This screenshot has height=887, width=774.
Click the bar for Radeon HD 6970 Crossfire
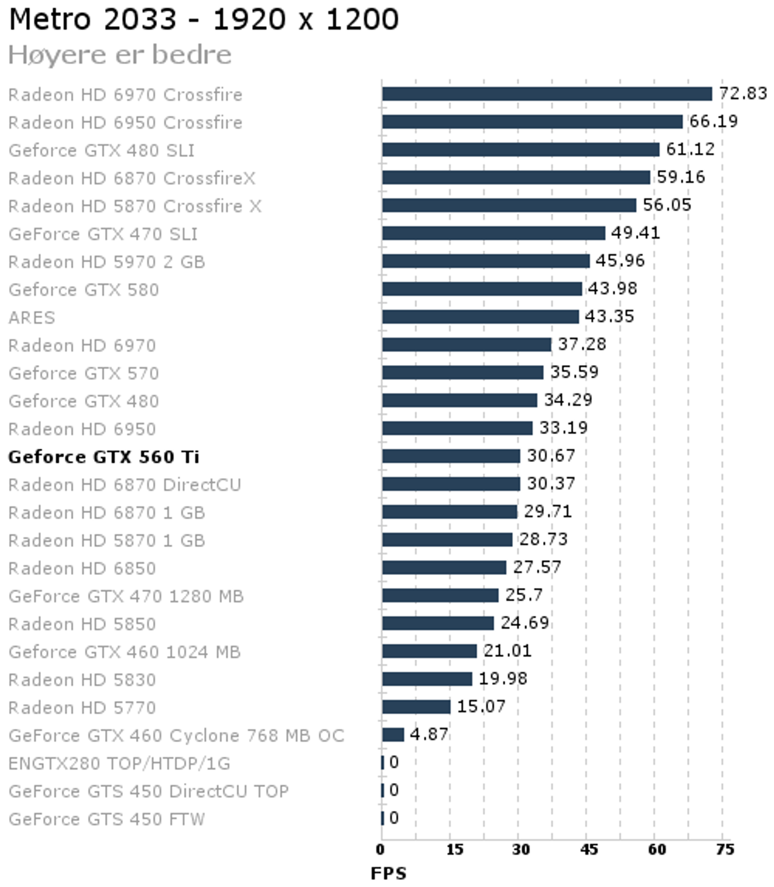(x=547, y=94)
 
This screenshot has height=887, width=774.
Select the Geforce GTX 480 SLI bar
(x=521, y=149)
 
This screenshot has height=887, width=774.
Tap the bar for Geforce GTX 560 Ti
(x=451, y=456)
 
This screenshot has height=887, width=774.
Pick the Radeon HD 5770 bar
(x=416, y=707)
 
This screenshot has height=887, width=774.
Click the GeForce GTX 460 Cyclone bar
(x=393, y=735)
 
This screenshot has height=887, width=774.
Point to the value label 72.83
(x=743, y=93)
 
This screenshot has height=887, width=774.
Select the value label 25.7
(x=524, y=595)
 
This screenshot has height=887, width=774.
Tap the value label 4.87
(x=429, y=734)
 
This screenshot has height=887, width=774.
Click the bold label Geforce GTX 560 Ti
(x=104, y=457)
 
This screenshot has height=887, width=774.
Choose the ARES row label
(x=31, y=318)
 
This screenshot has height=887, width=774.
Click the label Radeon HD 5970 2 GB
(x=106, y=262)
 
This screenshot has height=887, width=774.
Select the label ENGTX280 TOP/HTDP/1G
(x=119, y=764)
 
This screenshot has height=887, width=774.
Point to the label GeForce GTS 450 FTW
(x=106, y=819)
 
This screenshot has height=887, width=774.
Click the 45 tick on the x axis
(x=589, y=850)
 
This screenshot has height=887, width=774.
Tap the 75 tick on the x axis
(x=725, y=850)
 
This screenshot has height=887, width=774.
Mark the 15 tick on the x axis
(x=454, y=850)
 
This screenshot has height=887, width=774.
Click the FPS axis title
(x=389, y=873)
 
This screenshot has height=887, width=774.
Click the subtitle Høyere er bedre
(x=120, y=55)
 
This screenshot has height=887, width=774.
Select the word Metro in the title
(x=50, y=19)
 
